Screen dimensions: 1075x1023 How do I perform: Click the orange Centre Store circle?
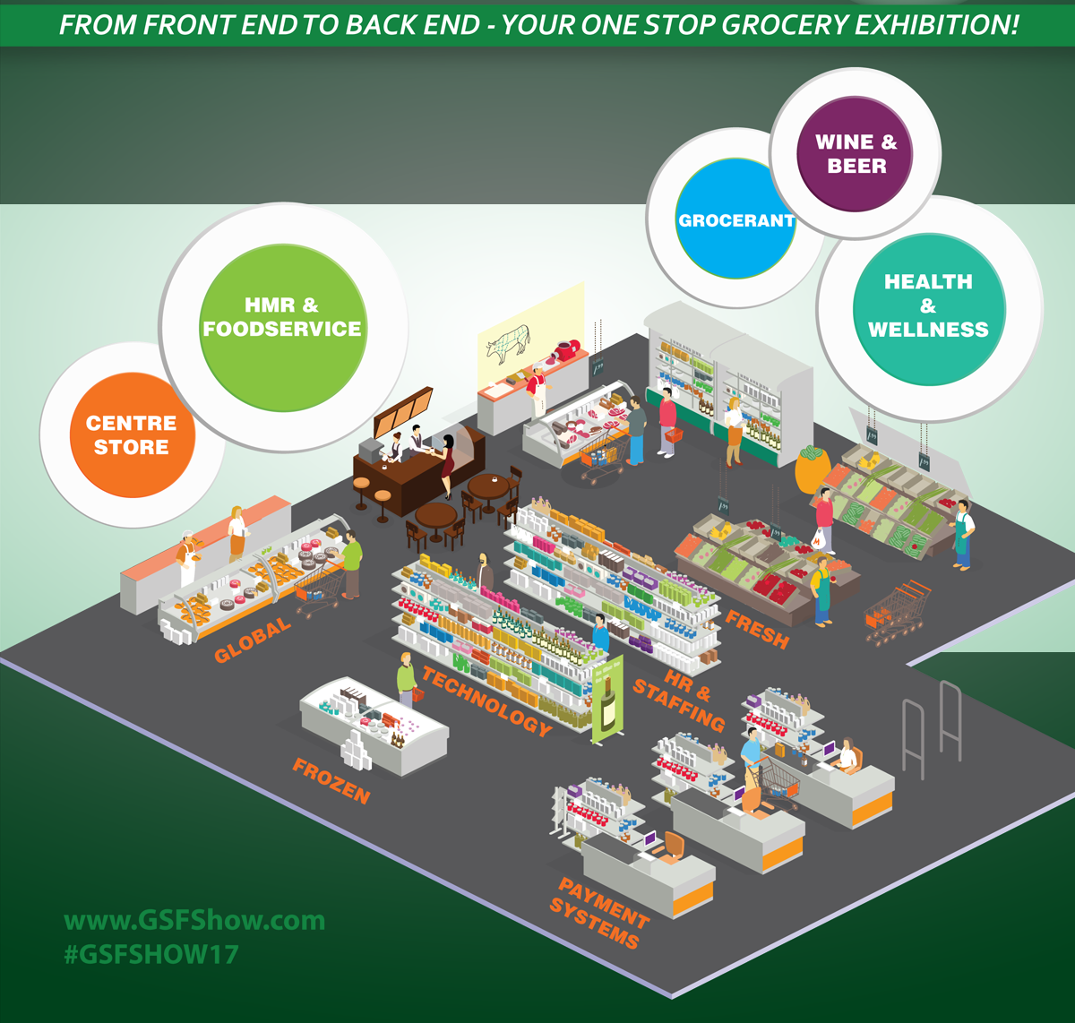click(x=133, y=435)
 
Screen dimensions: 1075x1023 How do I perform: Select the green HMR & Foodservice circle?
click(x=283, y=328)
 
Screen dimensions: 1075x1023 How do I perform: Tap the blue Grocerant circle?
click(x=735, y=219)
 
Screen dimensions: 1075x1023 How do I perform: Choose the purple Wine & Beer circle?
click(x=855, y=154)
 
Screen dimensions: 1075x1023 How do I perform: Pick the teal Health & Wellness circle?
click(x=928, y=309)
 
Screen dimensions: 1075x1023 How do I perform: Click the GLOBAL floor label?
click(x=252, y=639)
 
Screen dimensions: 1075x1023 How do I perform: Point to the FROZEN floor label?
click(x=331, y=781)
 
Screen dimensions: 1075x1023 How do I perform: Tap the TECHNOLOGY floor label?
click(x=486, y=701)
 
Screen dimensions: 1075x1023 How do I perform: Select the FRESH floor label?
click(x=757, y=629)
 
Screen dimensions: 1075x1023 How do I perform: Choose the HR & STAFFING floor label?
click(x=680, y=701)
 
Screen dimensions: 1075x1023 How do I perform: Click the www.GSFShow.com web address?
click(x=194, y=921)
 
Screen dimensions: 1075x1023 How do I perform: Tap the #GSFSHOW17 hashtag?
click(x=151, y=955)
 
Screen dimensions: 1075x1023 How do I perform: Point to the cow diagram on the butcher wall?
click(x=509, y=344)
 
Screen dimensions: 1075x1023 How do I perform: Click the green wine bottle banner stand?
click(x=608, y=700)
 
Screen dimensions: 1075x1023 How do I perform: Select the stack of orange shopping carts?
click(x=897, y=612)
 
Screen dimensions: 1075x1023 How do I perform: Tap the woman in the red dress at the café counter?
click(x=448, y=466)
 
